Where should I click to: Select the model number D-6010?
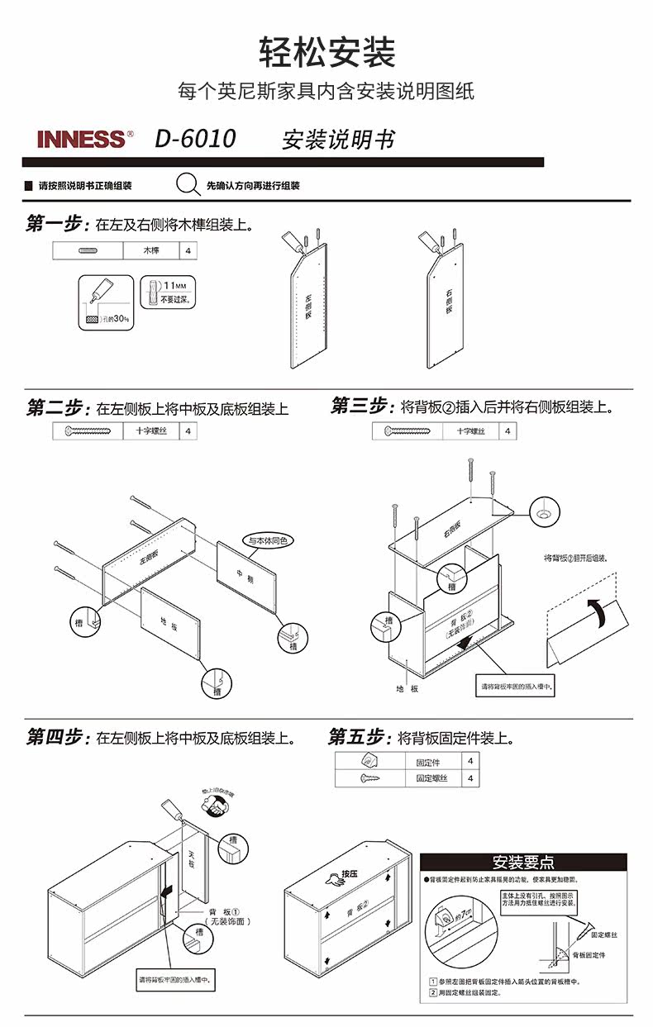(x=195, y=139)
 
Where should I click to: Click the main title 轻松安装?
(x=327, y=52)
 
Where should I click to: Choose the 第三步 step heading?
(x=361, y=407)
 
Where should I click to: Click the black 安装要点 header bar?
(x=523, y=863)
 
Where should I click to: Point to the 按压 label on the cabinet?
(x=345, y=875)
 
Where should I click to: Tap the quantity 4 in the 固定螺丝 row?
(x=469, y=778)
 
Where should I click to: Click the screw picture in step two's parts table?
(x=87, y=430)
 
